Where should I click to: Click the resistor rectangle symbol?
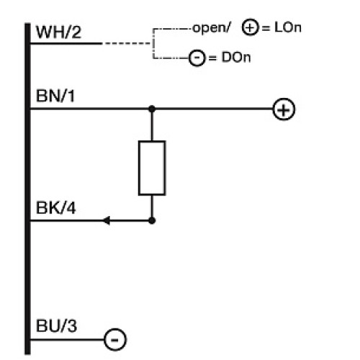[x=152, y=168]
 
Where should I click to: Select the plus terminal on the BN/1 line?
[x=284, y=109]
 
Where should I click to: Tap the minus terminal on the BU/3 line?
[x=115, y=338]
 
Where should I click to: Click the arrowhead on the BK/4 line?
[x=107, y=221]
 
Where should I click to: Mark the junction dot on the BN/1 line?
[x=152, y=109]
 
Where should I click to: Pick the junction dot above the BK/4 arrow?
[x=152, y=221]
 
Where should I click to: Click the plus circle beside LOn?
[x=250, y=30]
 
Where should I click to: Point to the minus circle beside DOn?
[x=197, y=58]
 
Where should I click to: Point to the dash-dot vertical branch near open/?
[x=153, y=43]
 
